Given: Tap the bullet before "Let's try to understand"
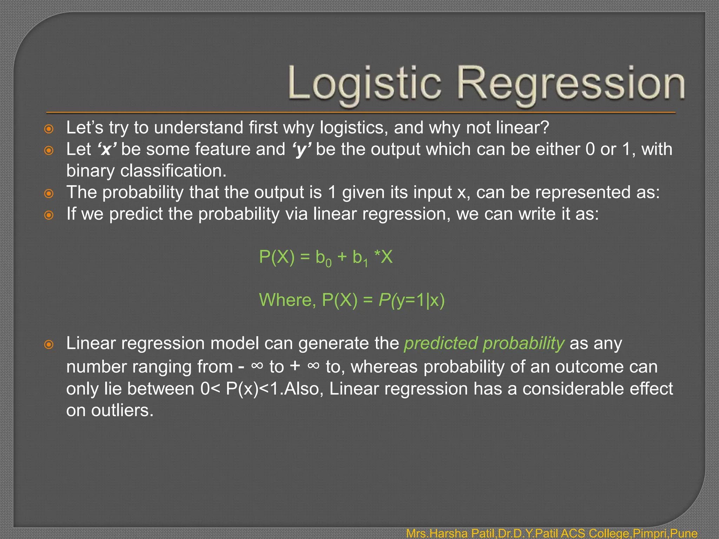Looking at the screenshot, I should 49,129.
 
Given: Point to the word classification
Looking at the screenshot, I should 173,171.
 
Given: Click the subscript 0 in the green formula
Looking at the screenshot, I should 328,263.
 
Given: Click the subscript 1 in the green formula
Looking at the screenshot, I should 365,263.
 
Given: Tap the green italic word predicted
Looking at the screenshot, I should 441,344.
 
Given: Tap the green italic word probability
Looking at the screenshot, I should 523,344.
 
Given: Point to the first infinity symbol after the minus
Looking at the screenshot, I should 257,366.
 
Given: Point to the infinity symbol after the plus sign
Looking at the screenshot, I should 313,366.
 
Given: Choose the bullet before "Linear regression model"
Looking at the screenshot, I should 49,345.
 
